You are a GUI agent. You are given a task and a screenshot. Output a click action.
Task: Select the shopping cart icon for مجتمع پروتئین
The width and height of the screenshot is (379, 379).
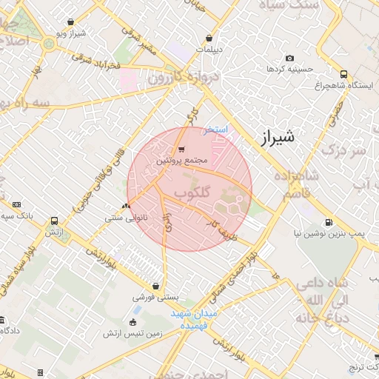pyautogui.click(x=181, y=149)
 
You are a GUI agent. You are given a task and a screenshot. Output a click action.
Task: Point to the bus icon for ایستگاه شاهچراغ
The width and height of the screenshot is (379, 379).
pyautogui.click(x=344, y=74)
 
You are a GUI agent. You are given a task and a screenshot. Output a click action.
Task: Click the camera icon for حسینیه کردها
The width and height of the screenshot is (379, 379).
pyautogui.click(x=289, y=58)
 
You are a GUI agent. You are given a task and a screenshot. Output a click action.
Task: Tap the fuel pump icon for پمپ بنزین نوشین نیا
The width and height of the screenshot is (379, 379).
pyautogui.click(x=329, y=222)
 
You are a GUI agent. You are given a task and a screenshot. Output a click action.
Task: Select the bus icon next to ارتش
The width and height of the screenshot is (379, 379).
pyautogui.click(x=54, y=221)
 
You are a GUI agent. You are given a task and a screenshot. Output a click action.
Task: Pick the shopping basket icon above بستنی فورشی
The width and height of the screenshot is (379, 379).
pyautogui.click(x=155, y=286)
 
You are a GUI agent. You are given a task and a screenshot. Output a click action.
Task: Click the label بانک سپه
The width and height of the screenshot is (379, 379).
pyautogui.click(x=19, y=215)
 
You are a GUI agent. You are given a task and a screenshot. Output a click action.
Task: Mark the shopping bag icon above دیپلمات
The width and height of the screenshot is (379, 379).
pyautogui.click(x=210, y=38)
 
